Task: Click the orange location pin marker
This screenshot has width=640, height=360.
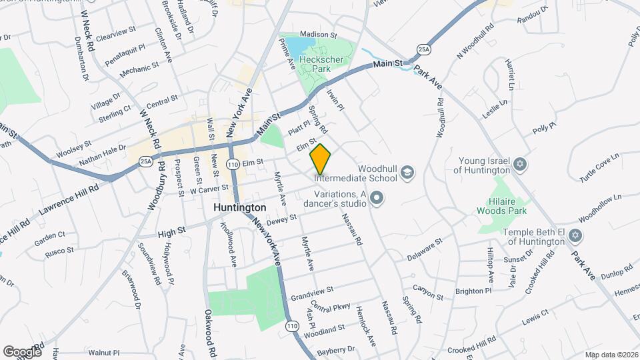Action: point(321,159)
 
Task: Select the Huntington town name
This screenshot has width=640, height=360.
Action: point(240,208)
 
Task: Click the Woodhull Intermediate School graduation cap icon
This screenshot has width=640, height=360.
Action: point(406,173)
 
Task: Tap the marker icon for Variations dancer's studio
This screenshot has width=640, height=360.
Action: point(377,197)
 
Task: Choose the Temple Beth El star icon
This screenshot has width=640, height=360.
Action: point(575,235)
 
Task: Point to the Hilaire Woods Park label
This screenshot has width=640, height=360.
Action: point(504,205)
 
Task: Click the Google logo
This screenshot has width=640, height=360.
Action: point(22,351)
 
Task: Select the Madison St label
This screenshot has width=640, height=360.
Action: point(319,35)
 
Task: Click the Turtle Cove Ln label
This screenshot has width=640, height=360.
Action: point(599,173)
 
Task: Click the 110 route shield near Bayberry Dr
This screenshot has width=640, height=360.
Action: point(293,326)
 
